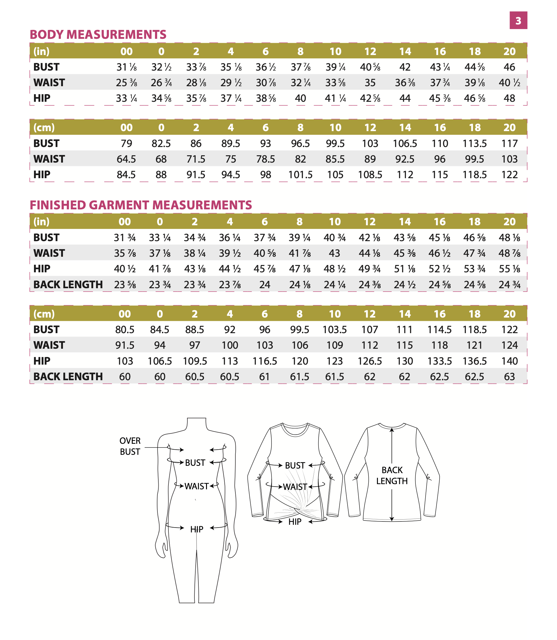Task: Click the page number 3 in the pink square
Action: pos(518,20)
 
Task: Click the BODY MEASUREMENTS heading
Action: pos(98,35)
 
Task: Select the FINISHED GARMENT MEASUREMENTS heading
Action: pos(141,205)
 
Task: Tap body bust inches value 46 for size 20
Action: pos(509,67)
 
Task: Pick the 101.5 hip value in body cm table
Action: pos(300,175)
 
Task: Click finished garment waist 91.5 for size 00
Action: pos(125,345)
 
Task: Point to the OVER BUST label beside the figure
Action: pos(130,446)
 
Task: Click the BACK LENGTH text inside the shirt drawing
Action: pos(392,475)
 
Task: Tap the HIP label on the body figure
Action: pos(197,529)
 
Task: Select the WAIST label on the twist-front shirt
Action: pos(295,487)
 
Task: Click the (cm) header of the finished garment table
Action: pos(44,314)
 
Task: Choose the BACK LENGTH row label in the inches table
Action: pos(68,285)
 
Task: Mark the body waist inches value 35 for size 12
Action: pos(370,83)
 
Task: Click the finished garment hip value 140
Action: pos(509,361)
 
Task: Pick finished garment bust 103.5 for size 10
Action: pos(334,330)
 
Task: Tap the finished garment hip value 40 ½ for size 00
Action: pos(125,269)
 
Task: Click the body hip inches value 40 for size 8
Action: pos(300,98)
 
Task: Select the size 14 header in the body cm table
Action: pos(405,127)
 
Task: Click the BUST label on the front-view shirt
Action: pos(295,465)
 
